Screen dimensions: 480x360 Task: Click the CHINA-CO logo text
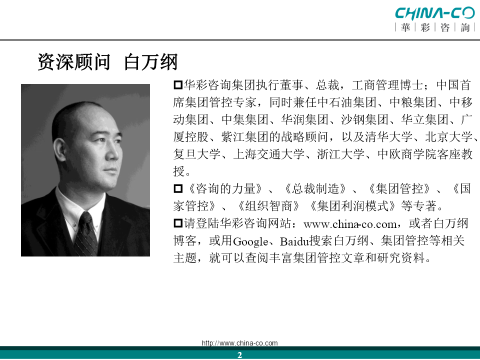click(x=434, y=13)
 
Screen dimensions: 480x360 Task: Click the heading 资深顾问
click(x=74, y=62)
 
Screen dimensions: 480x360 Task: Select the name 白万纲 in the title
click(x=151, y=62)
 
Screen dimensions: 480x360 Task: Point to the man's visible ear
click(x=59, y=150)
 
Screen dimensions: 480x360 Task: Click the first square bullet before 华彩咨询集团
click(x=178, y=85)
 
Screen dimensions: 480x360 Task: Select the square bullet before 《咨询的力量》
click(x=178, y=188)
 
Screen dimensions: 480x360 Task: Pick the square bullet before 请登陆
click(x=178, y=223)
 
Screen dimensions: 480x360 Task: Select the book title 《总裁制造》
click(x=316, y=189)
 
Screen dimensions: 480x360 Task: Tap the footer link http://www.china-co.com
click(x=239, y=343)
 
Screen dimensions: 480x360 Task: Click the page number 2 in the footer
click(x=239, y=355)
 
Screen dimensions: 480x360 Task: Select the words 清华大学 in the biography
click(x=388, y=137)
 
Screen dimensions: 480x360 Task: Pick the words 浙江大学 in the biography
click(x=340, y=154)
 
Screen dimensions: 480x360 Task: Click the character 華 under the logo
click(x=405, y=27)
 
